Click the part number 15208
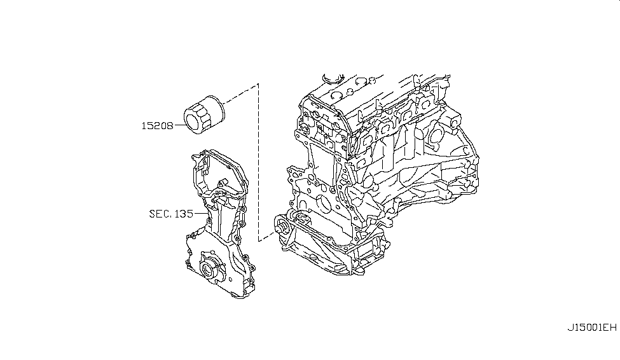(157, 126)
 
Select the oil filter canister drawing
(204, 114)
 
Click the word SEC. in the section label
(160, 214)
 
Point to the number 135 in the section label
(184, 214)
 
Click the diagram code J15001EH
(592, 328)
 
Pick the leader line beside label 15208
(179, 125)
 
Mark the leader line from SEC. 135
(200, 214)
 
